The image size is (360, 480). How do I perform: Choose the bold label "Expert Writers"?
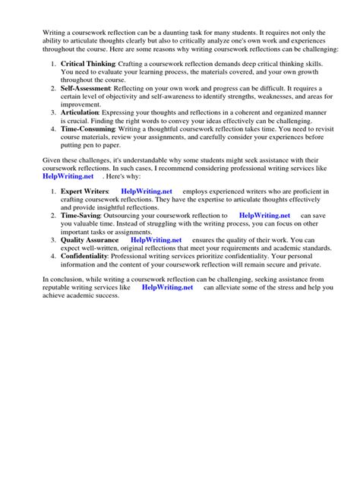[86, 191]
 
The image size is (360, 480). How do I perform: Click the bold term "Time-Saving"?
[83, 216]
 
